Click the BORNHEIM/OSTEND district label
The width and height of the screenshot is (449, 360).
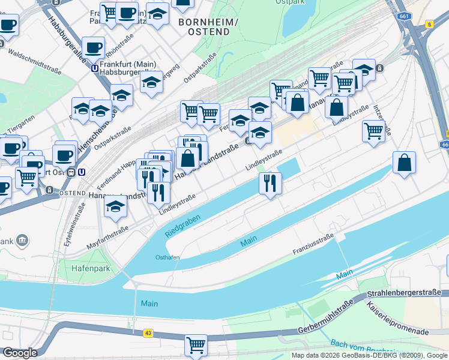tap(208, 26)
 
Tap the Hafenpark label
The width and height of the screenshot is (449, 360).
tap(91, 268)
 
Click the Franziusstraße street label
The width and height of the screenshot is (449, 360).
tap(313, 244)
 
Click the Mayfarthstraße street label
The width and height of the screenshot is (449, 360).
tap(108, 238)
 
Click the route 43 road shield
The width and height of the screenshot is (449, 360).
tap(148, 333)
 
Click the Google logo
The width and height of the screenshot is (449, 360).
tap(20, 353)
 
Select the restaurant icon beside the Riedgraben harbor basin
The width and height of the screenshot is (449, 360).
tap(270, 182)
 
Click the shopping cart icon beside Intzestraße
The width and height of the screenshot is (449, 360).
tap(374, 130)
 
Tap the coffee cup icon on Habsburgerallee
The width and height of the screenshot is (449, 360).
tap(92, 47)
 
